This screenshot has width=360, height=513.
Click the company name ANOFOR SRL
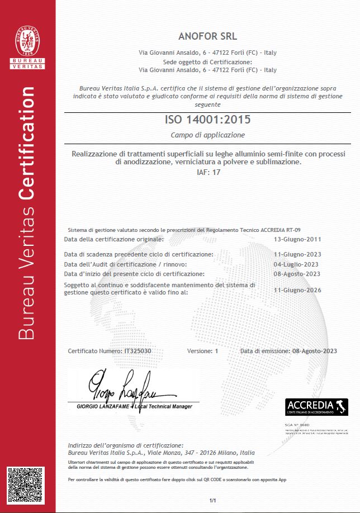[x=207, y=37]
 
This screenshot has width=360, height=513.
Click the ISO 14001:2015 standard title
[x=207, y=120]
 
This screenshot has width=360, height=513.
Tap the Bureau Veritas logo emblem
[x=27, y=44]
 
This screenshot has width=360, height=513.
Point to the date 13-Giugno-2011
[x=297, y=239]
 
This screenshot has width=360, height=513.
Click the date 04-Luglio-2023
[x=296, y=264]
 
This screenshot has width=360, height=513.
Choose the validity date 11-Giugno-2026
[x=297, y=290]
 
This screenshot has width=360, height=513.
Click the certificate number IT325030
[x=138, y=351]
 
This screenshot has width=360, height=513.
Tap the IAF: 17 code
[x=207, y=172]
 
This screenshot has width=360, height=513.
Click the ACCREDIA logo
[x=316, y=406]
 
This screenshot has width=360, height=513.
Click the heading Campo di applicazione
[x=207, y=135]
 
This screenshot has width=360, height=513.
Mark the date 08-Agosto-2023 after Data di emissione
[x=314, y=351]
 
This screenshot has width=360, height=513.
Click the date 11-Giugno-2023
[x=297, y=254]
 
